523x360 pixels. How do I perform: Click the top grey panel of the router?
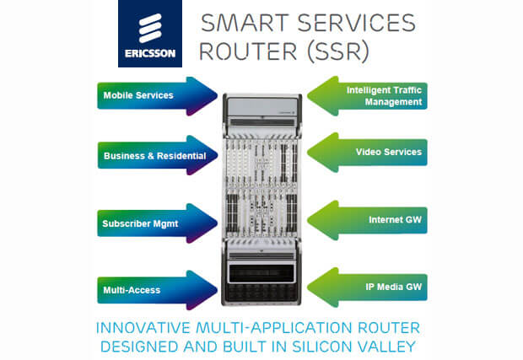(261, 107)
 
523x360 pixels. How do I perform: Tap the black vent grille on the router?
(261, 273)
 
